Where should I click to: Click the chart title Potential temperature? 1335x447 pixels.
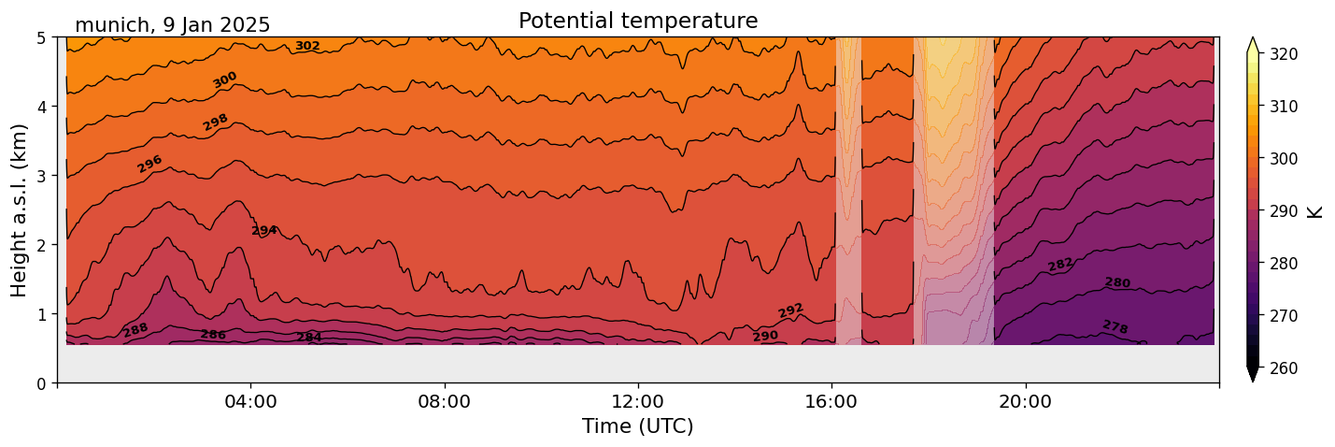click(x=638, y=21)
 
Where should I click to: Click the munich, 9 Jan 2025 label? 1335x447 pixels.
click(x=172, y=25)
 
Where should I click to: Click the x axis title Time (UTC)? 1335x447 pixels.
click(x=638, y=426)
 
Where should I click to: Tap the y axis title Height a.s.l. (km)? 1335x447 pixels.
click(x=20, y=210)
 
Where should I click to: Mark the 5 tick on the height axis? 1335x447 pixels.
click(x=42, y=37)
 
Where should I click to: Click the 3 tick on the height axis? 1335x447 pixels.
click(x=42, y=176)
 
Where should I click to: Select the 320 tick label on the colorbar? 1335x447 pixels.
click(x=1282, y=54)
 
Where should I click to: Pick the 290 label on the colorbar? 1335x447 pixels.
click(x=1282, y=211)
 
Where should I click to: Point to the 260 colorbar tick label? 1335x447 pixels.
click(x=1282, y=368)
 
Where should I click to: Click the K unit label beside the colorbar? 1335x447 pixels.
click(x=1315, y=211)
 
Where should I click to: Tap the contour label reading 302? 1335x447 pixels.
click(x=307, y=46)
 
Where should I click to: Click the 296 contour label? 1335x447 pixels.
click(x=149, y=164)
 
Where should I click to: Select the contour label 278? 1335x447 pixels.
click(x=1115, y=326)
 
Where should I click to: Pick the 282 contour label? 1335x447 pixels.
click(x=1060, y=265)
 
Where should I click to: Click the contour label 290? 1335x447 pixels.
click(x=765, y=336)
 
